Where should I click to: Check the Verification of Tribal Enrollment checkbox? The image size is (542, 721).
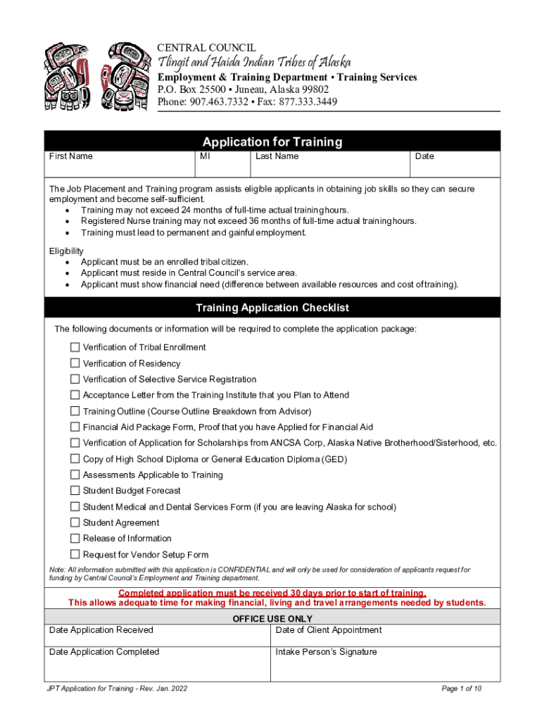75,347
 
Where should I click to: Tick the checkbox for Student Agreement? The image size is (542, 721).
75,522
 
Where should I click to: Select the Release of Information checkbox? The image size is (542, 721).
75,539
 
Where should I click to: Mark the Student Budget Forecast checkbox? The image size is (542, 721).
75,491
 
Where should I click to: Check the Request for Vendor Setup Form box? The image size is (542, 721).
75,555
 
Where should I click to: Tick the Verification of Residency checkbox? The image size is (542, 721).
75,363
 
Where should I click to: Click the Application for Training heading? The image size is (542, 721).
272,142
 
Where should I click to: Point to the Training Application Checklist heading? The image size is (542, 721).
272,308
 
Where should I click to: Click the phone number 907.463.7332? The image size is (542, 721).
218,102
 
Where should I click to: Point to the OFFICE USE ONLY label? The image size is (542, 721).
272,619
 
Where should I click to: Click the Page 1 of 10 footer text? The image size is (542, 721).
461,689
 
